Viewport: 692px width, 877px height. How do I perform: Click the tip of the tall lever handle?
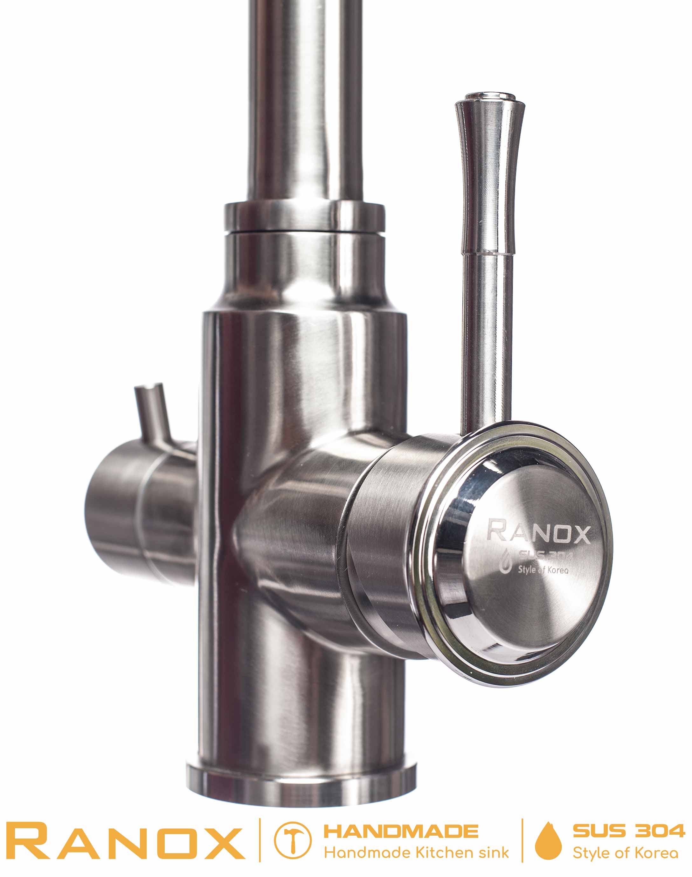point(490,97)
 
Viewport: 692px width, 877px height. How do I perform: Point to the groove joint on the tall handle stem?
point(489,253)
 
